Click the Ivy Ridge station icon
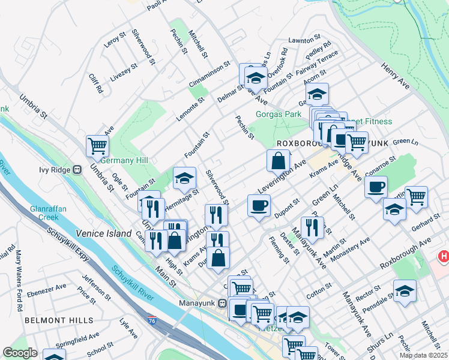[x=77, y=170]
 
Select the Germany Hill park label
[x=124, y=161]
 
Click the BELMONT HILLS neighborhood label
[x=50, y=321]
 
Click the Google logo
[x=19, y=353]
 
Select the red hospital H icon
[x=444, y=257]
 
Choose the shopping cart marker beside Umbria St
[x=97, y=145]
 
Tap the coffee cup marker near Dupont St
[x=259, y=205]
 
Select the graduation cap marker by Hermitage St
[x=184, y=177]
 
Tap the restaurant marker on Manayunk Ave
[x=312, y=227]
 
